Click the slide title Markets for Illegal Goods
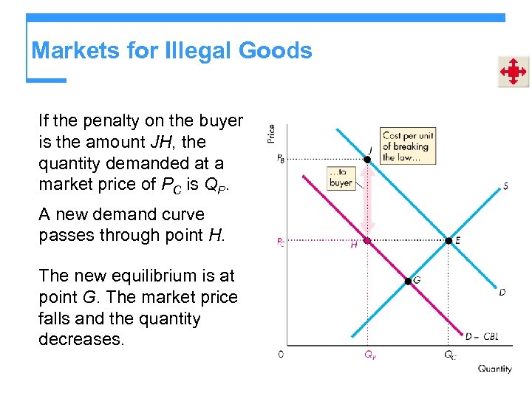(172, 51)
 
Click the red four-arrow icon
(513, 72)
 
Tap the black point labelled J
(368, 159)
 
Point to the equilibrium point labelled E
(449, 240)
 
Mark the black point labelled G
(407, 280)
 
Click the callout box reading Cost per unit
(407, 146)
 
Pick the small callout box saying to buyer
(341, 178)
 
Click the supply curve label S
(505, 186)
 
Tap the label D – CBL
(481, 336)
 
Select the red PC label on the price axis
(281, 241)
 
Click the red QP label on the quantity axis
(369, 354)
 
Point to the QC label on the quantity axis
(449, 355)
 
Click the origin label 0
(281, 355)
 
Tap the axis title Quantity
(494, 369)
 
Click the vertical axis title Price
(271, 134)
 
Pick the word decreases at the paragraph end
(83, 340)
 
